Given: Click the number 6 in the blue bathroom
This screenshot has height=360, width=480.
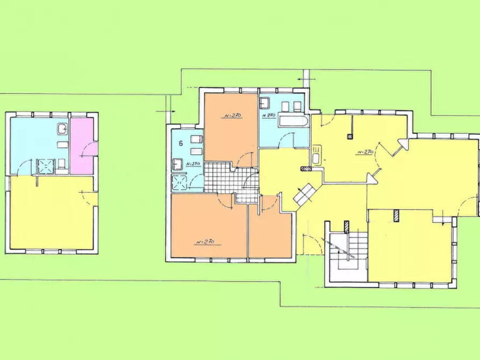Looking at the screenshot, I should pyautogui.click(x=181, y=143).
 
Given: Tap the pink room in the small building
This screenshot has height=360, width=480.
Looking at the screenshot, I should pyautogui.click(x=82, y=145).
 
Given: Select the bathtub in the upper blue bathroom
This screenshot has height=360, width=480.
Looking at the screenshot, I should pyautogui.click(x=293, y=121).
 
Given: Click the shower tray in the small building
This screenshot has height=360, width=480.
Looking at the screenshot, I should pyautogui.click(x=46, y=166).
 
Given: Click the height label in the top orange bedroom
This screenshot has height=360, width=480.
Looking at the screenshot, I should pyautogui.click(x=232, y=115).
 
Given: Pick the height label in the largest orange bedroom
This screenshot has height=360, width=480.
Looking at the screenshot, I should pyautogui.click(x=206, y=242).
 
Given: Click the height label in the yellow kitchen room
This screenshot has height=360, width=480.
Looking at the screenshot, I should pyautogui.click(x=365, y=152).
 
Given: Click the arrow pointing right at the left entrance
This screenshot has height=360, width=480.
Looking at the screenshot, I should pyautogui.click(x=163, y=111).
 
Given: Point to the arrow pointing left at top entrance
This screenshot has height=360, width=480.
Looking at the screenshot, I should pyautogui.click(x=300, y=81).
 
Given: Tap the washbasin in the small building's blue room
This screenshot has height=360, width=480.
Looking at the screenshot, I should pyautogui.click(x=62, y=129).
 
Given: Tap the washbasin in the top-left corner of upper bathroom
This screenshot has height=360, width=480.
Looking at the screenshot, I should pyautogui.click(x=266, y=103).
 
